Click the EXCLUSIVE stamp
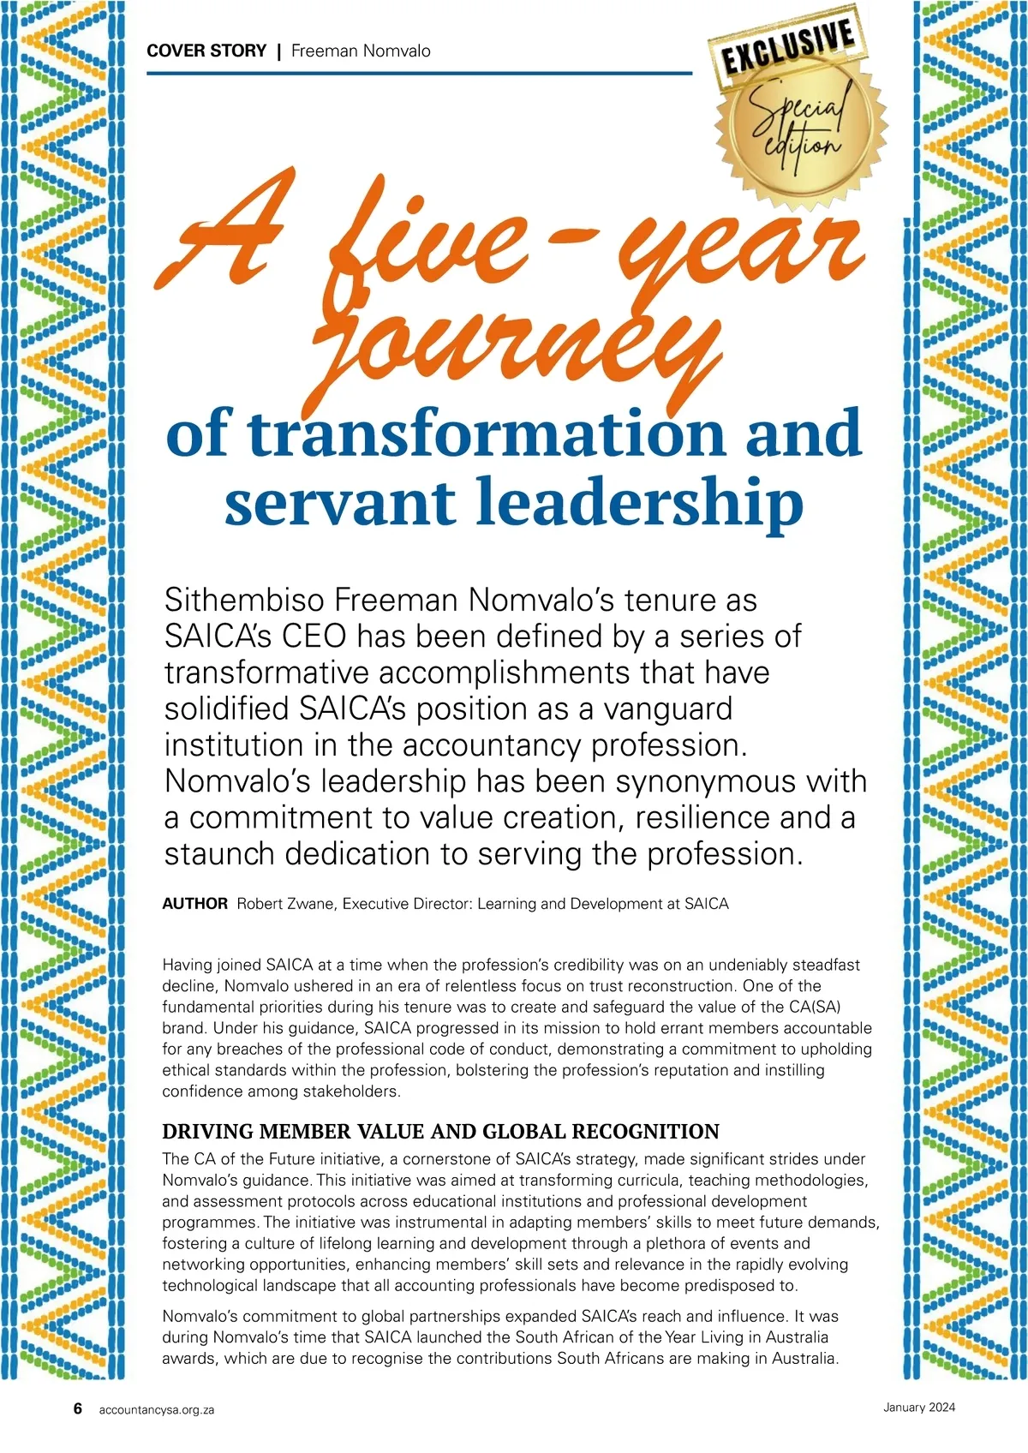pyautogui.click(x=787, y=49)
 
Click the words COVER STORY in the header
pyautogui.click(x=206, y=51)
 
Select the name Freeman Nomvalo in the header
pyautogui.click(x=361, y=51)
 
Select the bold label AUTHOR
pyautogui.click(x=195, y=904)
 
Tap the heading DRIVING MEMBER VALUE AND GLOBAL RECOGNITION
pyautogui.click(x=440, y=1131)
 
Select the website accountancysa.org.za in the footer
pyautogui.click(x=157, y=1409)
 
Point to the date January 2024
pyautogui.click(x=919, y=1407)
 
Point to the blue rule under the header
pyautogui.click(x=419, y=74)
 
